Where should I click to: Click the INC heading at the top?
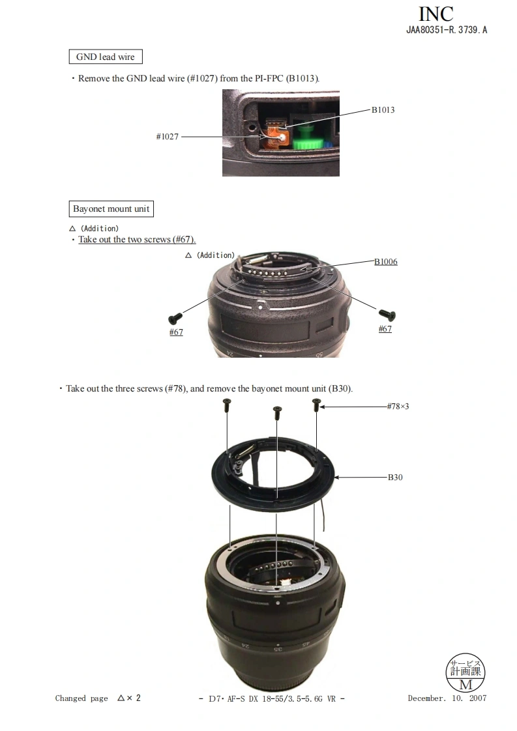[x=436, y=14]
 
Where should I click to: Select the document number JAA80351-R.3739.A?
[x=447, y=30]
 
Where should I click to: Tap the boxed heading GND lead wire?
[x=105, y=57]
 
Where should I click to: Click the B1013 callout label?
[x=383, y=109]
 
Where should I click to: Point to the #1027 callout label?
[x=168, y=137]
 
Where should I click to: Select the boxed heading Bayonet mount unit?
[x=111, y=209]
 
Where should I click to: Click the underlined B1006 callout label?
[x=385, y=262]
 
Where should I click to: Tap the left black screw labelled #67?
[x=175, y=318]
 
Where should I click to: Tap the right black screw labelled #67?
[x=388, y=315]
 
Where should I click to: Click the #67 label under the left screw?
[x=176, y=332]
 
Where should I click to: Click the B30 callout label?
[x=395, y=477]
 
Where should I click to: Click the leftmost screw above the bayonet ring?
[x=227, y=403]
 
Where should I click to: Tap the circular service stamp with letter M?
[x=465, y=672]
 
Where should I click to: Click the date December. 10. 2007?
[x=447, y=698]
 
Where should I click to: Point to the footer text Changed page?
[x=81, y=698]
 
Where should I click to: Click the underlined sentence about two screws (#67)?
[x=137, y=240]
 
